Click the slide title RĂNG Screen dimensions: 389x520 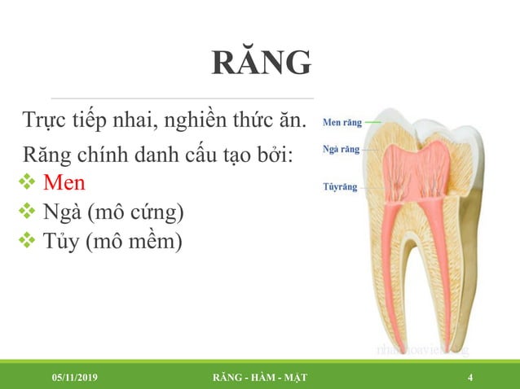coord(261,63)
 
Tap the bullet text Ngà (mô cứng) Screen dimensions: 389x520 coord(113,212)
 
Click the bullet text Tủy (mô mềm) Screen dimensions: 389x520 coord(112,242)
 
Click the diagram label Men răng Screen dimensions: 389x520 coord(342,123)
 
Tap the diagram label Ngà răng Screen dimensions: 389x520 coord(342,150)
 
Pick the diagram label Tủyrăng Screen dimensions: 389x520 coord(341,186)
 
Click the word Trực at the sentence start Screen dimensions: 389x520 coord(46,123)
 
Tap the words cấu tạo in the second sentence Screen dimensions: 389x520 coord(220,154)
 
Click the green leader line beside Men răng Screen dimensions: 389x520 coord(372,123)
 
